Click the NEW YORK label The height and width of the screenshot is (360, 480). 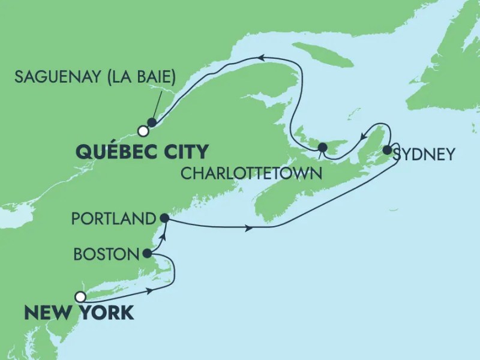tap(79, 313)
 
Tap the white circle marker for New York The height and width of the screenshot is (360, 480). tap(80, 296)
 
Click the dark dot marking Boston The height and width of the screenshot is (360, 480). tap(148, 253)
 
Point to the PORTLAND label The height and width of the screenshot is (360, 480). tap(113, 219)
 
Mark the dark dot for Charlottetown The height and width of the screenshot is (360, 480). tap(323, 148)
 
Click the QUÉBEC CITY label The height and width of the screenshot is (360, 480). tap(142, 150)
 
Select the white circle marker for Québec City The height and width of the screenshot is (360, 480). tap(142, 130)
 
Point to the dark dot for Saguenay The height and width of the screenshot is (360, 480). tap(152, 122)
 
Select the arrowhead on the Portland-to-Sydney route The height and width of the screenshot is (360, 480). tap(248, 227)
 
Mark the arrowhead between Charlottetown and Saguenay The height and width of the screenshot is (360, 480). tap(262, 57)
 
